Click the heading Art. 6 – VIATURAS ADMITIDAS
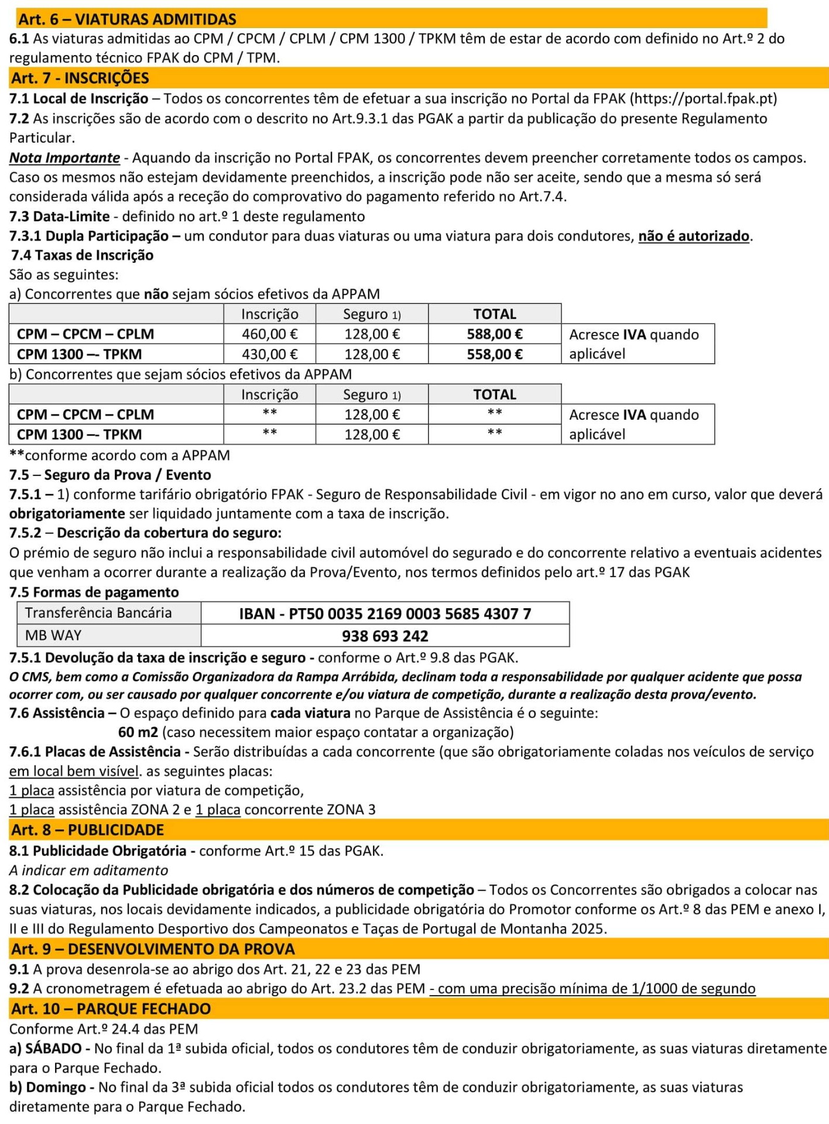pos(127,19)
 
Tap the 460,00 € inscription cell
pos(269,334)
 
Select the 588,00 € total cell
pos(495,334)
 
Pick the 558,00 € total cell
pos(495,354)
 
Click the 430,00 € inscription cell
pos(269,354)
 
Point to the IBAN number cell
pos(385,614)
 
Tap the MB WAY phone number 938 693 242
pos(385,636)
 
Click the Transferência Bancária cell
pos(98,613)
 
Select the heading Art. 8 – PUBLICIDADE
pos(87,830)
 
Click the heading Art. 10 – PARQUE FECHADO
pos(111,1009)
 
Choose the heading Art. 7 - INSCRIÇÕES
pos(80,78)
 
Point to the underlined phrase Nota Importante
pos(64,158)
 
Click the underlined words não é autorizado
pos(693,236)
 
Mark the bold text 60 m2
pos(138,732)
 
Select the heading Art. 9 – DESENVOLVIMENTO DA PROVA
pos(153,949)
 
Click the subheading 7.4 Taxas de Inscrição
pos(83,255)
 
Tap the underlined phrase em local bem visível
pos(74,771)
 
